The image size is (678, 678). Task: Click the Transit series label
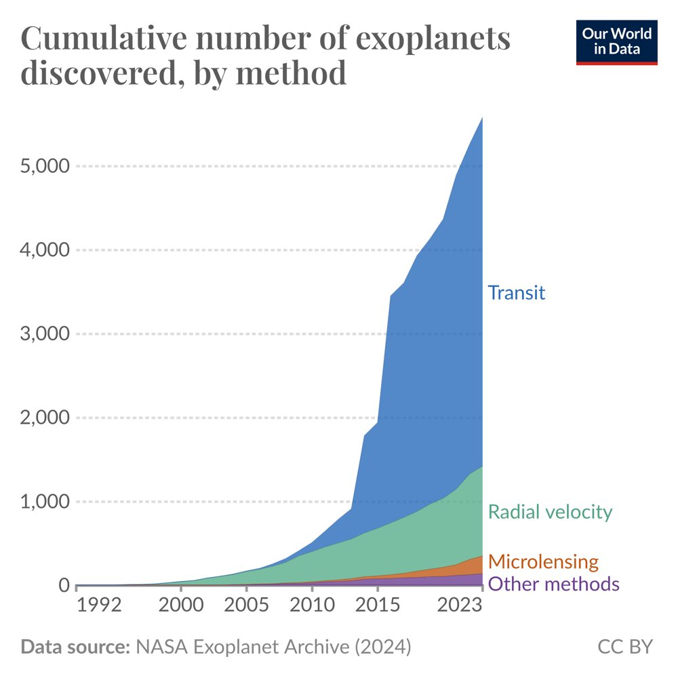(x=517, y=293)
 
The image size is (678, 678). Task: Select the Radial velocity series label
(x=550, y=512)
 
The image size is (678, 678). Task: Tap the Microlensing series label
(x=543, y=561)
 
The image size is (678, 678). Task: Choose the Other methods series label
(x=553, y=584)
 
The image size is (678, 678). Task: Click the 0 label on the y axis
(x=62, y=585)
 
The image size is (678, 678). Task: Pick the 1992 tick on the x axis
(x=99, y=605)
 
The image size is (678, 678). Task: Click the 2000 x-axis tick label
(x=180, y=605)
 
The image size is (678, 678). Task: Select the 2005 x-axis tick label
(x=246, y=605)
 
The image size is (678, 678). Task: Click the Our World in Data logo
(x=616, y=42)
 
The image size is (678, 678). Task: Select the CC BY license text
(x=624, y=647)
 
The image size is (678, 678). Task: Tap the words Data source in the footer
(x=75, y=647)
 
